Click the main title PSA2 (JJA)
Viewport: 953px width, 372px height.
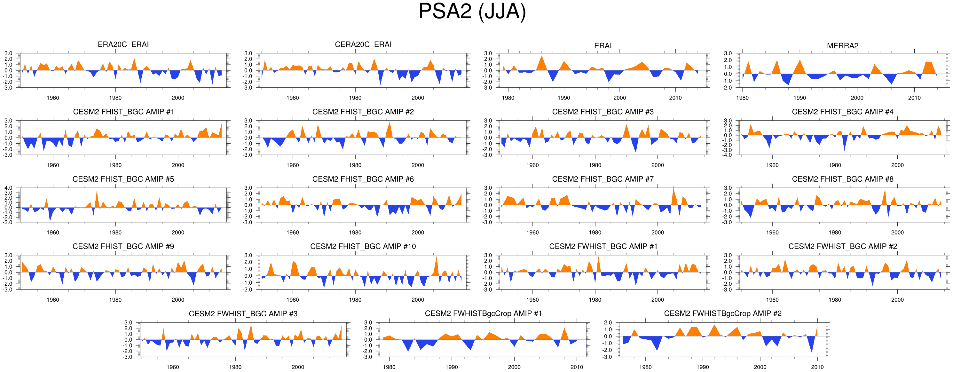(472, 12)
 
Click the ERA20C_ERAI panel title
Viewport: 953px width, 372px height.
(123, 44)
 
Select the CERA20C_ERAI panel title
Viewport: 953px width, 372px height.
(363, 44)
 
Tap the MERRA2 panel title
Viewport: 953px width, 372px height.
(842, 45)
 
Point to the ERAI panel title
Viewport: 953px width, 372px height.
(603, 45)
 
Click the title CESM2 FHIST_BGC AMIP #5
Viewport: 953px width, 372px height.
(123, 179)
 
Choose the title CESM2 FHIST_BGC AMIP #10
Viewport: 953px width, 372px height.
(363, 247)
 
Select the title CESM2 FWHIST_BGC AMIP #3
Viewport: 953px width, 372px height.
(243, 314)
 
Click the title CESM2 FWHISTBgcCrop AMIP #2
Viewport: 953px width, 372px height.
(722, 313)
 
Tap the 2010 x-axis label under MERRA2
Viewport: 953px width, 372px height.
(914, 98)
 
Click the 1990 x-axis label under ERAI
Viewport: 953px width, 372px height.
(564, 98)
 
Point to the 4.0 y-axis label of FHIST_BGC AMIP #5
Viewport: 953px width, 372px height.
(8, 188)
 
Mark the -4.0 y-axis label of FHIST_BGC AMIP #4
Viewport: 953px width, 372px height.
(727, 155)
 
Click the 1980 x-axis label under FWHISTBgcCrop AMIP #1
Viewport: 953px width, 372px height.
(389, 367)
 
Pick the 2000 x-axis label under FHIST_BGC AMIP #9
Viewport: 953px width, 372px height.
(178, 300)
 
